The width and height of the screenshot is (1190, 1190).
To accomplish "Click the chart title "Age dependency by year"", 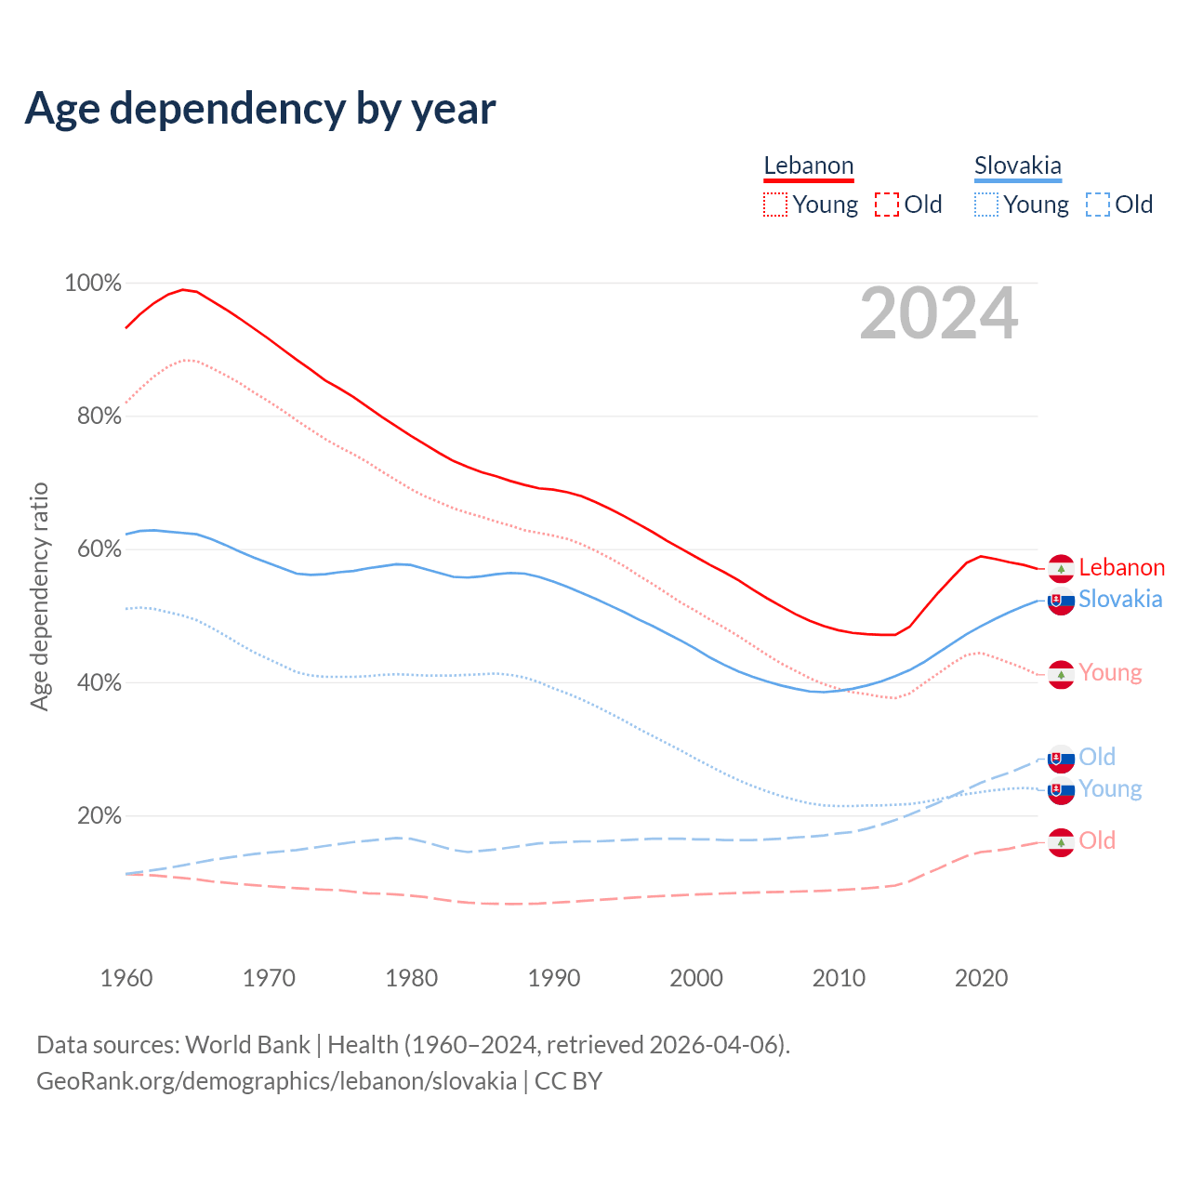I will point(260,109).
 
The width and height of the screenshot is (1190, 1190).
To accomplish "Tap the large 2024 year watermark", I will point(939,313).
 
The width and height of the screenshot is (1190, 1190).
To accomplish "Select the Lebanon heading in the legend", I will point(808,165).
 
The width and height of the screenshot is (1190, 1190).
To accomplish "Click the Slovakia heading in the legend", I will point(1017,165).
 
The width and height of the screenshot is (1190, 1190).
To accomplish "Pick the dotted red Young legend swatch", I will point(774,205).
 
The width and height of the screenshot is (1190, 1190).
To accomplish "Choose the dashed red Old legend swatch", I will point(886,205).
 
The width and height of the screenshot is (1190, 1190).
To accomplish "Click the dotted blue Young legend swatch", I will point(985,205).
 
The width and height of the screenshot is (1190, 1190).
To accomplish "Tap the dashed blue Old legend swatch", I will point(1097,205).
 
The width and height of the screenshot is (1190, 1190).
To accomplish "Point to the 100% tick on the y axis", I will point(93,283).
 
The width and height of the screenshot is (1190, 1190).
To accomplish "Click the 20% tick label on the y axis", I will point(99,815).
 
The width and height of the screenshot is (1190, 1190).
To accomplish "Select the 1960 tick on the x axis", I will point(126,978).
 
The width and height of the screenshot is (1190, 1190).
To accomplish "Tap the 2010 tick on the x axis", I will point(839,978).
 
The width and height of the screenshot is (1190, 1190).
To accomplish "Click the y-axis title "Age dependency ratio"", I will point(39,596).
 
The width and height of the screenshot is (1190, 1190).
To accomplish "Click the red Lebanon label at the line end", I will point(1121,567).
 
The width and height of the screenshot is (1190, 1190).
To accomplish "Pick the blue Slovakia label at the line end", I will point(1120,599).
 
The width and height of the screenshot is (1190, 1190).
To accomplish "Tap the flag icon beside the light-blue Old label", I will point(1061,759).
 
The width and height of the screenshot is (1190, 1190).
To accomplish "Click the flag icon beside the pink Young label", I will point(1061,674).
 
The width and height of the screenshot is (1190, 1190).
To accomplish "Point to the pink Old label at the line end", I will point(1097,840).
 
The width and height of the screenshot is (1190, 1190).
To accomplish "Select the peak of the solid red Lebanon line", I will point(183,289).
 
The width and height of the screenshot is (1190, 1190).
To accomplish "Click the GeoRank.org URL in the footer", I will point(276,1081).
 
